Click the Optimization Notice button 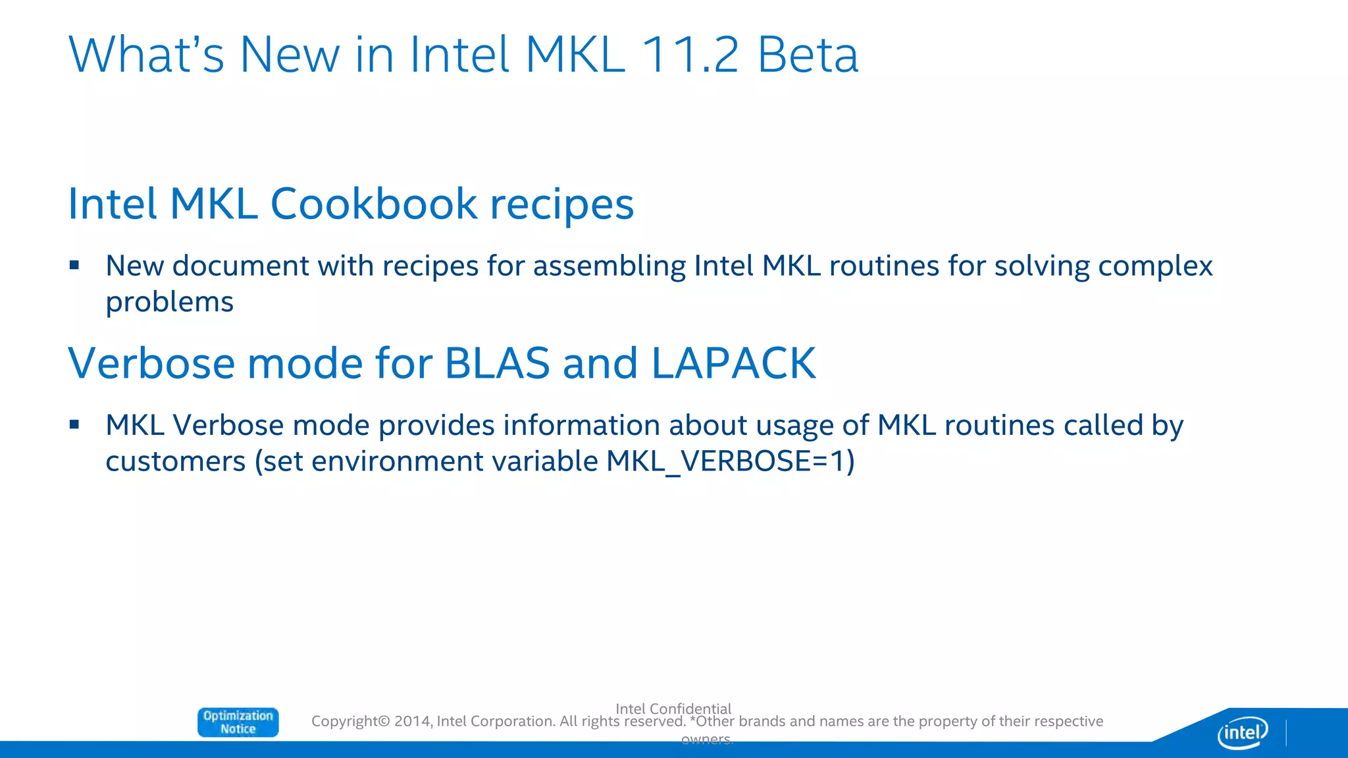tap(238, 722)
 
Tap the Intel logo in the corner tap(1242, 732)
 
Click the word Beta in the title tap(808, 55)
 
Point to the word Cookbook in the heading tap(373, 203)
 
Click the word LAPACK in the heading tap(733, 363)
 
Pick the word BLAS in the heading tap(497, 363)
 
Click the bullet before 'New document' tap(74, 265)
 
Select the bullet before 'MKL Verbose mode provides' tap(74, 424)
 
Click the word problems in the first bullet tap(170, 302)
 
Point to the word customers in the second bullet tap(176, 461)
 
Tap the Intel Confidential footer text tap(673, 708)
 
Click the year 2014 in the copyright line tap(413, 721)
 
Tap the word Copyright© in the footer tap(350, 721)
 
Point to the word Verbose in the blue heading tap(151, 363)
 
